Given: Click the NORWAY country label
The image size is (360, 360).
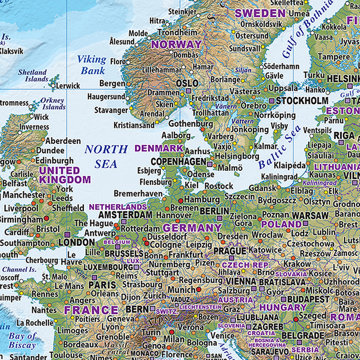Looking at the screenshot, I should click(x=176, y=44).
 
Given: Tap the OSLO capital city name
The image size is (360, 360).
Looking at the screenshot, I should click(x=187, y=83).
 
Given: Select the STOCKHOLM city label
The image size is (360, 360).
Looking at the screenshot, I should click(x=302, y=101).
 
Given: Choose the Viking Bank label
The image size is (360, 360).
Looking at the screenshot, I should click(x=92, y=65).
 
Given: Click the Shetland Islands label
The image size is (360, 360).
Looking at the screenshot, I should click(x=33, y=76).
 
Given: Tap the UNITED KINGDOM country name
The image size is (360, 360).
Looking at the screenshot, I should click(x=64, y=175).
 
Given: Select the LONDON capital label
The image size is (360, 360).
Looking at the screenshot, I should click(x=77, y=242).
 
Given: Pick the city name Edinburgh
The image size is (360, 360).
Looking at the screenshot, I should click(x=54, y=160).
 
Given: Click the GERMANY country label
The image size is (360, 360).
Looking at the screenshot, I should click(x=192, y=228).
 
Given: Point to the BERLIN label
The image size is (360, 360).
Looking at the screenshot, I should click(x=214, y=211).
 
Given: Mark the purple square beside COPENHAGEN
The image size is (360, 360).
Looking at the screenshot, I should click(x=210, y=165).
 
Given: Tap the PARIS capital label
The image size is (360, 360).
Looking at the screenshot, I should click(x=102, y=285).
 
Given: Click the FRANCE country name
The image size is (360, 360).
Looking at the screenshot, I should click(x=91, y=310).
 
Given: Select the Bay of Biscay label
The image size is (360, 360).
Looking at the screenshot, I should click(x=23, y=340).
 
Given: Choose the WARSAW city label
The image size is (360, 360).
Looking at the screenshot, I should click(x=310, y=215).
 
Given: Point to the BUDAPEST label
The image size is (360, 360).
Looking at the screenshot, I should click(x=309, y=299).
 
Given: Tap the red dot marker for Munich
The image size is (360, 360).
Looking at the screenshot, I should click(x=198, y=289).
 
